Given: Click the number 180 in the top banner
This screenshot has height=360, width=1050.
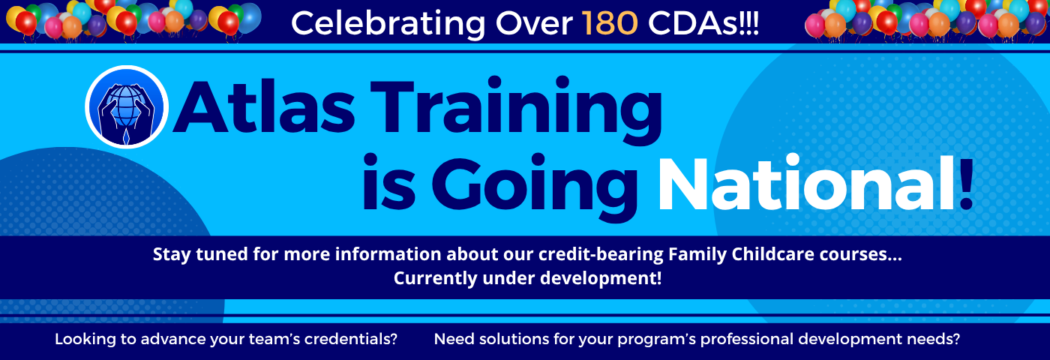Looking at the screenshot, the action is coord(609,22).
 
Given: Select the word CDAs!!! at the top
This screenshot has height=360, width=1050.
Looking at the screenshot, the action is coord(703,22).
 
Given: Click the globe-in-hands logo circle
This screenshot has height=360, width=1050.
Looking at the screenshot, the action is coord(127,106).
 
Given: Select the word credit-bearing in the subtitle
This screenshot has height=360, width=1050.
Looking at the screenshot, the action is coord(601,254).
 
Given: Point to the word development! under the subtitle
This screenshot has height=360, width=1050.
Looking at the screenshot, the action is coord(601,278).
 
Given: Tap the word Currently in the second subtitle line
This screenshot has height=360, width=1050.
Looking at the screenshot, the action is coord(435,278).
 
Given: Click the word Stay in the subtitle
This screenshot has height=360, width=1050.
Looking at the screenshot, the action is coord(172,254).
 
